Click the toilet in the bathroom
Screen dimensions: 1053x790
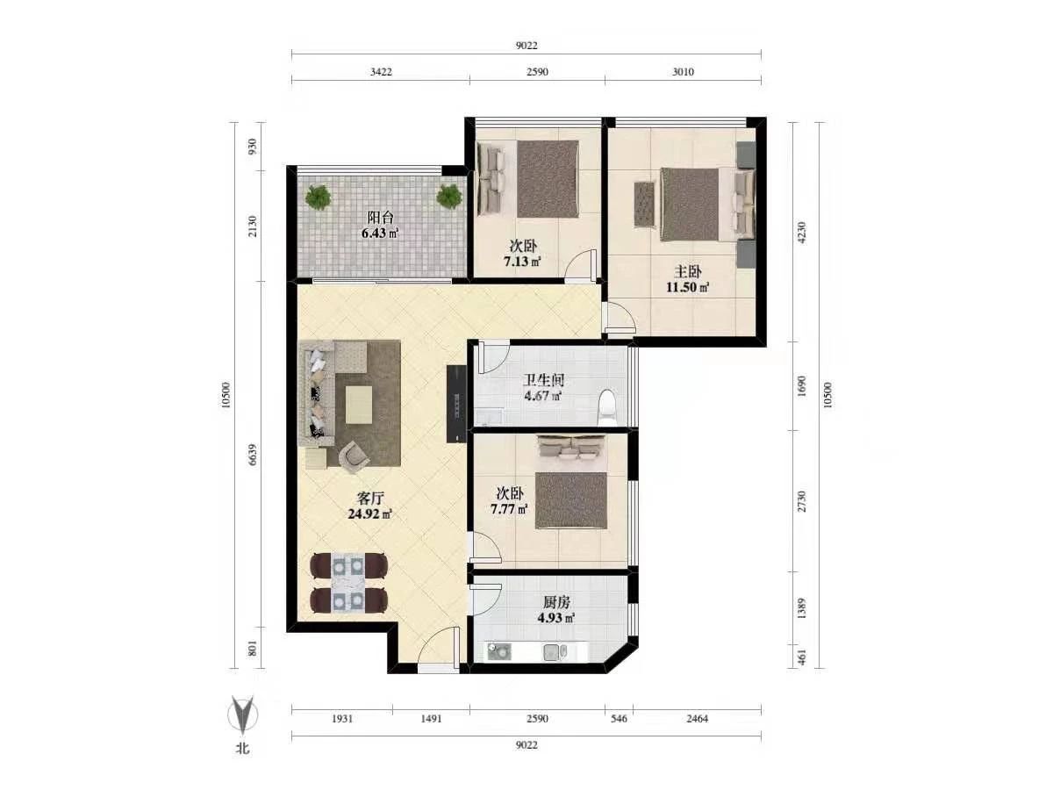[607, 407]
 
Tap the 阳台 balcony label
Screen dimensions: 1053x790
[380, 218]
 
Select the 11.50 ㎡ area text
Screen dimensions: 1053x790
[687, 288]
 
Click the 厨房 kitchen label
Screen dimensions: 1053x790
[556, 602]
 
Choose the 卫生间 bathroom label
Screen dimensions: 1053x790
[543, 380]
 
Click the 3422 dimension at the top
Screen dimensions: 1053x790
[381, 72]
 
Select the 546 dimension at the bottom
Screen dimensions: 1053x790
[619, 719]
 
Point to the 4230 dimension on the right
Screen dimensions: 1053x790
[801, 232]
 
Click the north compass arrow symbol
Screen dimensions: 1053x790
[243, 715]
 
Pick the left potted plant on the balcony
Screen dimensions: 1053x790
[318, 197]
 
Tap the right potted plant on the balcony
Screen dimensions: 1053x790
[449, 196]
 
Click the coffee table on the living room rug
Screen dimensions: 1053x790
[359, 406]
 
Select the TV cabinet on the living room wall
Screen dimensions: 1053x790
[456, 404]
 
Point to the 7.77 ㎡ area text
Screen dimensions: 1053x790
[508, 509]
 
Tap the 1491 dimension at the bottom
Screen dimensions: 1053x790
[431, 719]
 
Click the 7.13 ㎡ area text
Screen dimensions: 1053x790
[522, 262]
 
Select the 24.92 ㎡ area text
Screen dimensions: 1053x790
[370, 514]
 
